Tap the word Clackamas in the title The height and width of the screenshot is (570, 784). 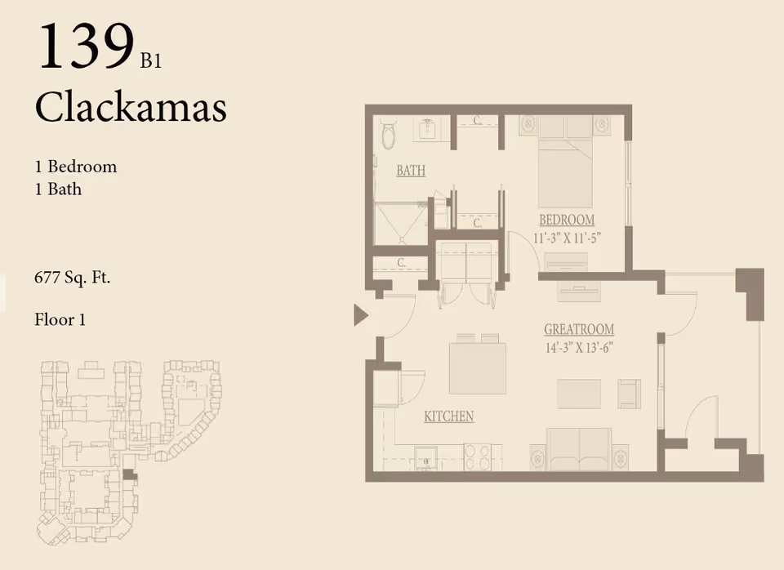pyautogui.click(x=130, y=107)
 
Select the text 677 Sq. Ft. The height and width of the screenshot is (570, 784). pyautogui.click(x=72, y=277)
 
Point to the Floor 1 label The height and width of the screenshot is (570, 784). pyautogui.click(x=60, y=319)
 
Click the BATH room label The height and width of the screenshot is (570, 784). pyautogui.click(x=411, y=171)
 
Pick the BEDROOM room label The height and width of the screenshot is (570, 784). pyautogui.click(x=566, y=220)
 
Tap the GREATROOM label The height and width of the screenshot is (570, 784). pyautogui.click(x=579, y=329)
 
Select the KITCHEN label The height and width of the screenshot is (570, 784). pyautogui.click(x=448, y=416)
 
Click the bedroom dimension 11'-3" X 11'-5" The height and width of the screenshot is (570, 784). pyautogui.click(x=566, y=238)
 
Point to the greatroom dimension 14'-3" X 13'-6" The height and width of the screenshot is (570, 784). pyautogui.click(x=579, y=346)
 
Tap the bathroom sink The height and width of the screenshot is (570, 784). pyautogui.click(x=427, y=129)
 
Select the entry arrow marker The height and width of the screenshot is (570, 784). pyautogui.click(x=360, y=314)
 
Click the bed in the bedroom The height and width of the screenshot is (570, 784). pyautogui.click(x=564, y=167)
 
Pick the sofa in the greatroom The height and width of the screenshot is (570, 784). pyautogui.click(x=579, y=450)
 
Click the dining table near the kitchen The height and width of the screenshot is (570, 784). pyautogui.click(x=477, y=367)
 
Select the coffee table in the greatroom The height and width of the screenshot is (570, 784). pyautogui.click(x=579, y=394)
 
